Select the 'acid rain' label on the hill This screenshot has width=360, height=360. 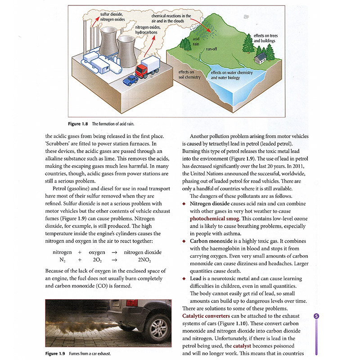pyautogui.click(x=196, y=41)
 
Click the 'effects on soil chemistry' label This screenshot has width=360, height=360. pyautogui.click(x=189, y=74)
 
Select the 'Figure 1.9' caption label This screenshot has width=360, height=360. pyautogui.click(x=57, y=353)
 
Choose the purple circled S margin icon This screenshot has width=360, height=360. pyautogui.click(x=316, y=316)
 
